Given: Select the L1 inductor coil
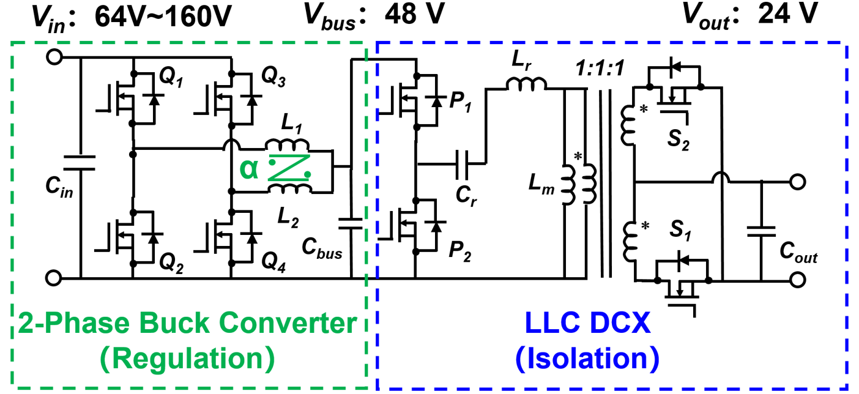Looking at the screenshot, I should tap(288, 144).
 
